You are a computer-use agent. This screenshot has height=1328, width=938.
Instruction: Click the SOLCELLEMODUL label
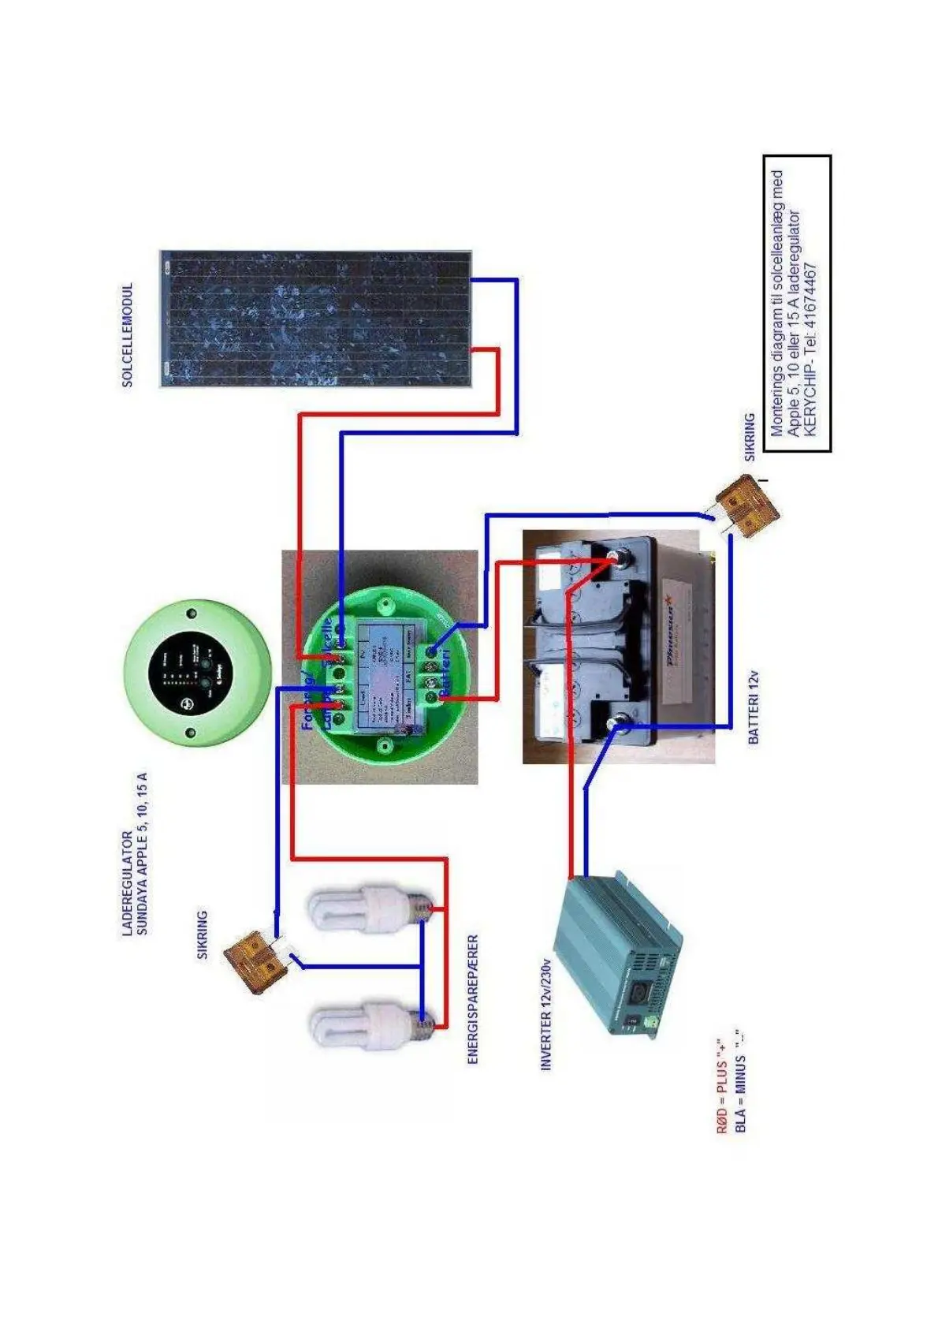(128, 335)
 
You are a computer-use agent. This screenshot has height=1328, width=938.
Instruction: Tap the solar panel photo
(315, 319)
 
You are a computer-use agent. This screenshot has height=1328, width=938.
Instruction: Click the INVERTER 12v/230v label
(545, 1014)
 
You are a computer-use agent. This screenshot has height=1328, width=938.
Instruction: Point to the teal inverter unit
(620, 953)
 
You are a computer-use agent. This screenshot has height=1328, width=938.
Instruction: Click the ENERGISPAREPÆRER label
(473, 999)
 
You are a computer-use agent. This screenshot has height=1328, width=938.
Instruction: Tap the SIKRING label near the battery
(749, 437)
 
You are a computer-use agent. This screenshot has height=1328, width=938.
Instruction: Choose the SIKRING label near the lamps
(203, 934)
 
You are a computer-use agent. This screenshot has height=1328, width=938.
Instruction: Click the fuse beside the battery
(746, 505)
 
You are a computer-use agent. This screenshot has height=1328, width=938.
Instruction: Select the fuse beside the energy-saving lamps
(255, 960)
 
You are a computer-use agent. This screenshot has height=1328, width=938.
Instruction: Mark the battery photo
(618, 647)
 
